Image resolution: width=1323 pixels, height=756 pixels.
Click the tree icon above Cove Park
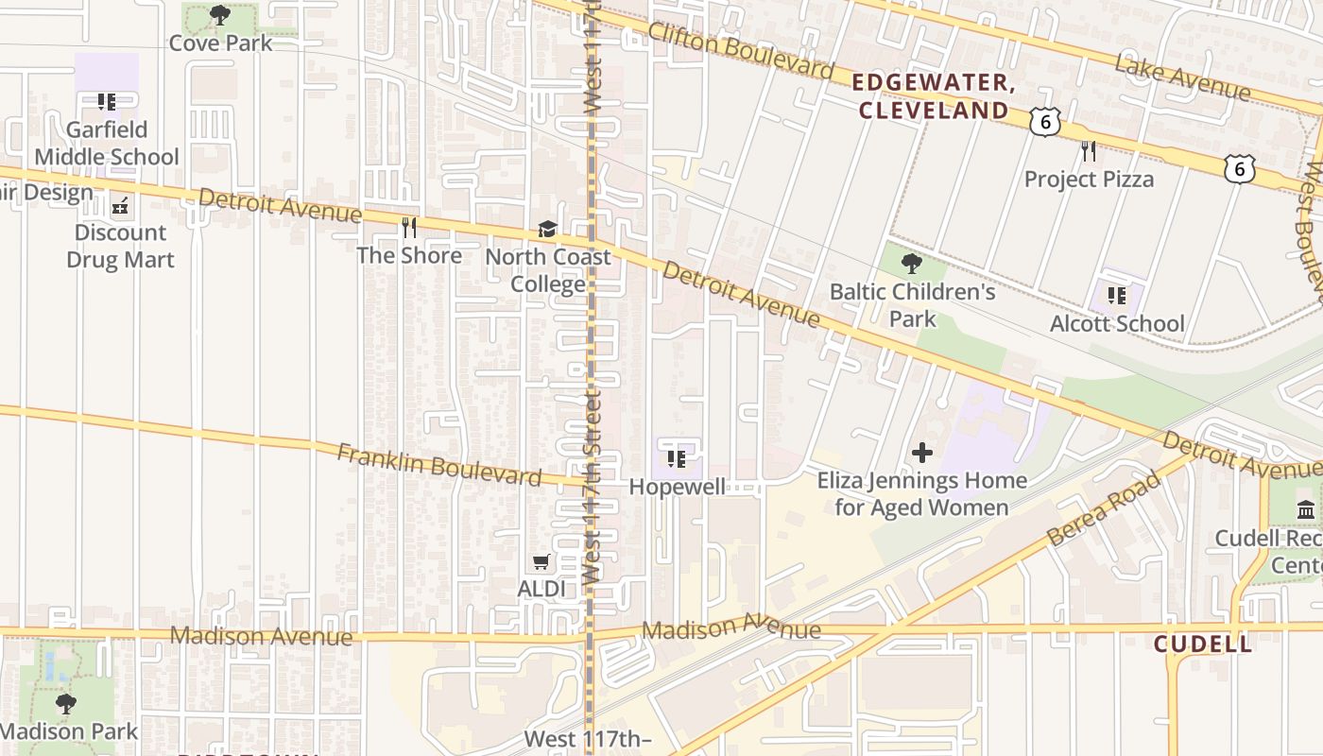click(220, 15)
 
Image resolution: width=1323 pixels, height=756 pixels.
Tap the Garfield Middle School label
click(107, 143)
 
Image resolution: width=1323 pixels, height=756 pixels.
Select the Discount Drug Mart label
click(120, 246)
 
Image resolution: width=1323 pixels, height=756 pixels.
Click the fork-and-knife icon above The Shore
click(409, 227)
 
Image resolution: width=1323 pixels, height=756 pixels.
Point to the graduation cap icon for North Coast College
click(547, 229)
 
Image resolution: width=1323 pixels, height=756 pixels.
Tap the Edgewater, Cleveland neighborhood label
click(933, 96)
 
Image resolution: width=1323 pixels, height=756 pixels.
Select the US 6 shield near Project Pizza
click(1044, 121)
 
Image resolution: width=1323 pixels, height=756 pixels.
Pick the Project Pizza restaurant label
click(1089, 179)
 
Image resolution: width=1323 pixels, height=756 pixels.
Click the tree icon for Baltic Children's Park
click(912, 264)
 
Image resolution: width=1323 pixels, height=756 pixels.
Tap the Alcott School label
click(1117, 323)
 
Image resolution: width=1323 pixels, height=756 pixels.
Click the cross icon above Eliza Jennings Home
click(922, 453)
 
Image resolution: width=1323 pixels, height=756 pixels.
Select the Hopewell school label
click(678, 487)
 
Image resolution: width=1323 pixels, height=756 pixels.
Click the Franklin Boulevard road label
click(439, 464)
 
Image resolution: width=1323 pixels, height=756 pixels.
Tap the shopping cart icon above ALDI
click(541, 562)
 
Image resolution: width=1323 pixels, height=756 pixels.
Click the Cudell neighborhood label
click(1202, 644)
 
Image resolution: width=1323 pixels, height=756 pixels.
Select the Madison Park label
click(69, 730)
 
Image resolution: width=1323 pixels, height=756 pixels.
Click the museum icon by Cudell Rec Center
click(1306, 510)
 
